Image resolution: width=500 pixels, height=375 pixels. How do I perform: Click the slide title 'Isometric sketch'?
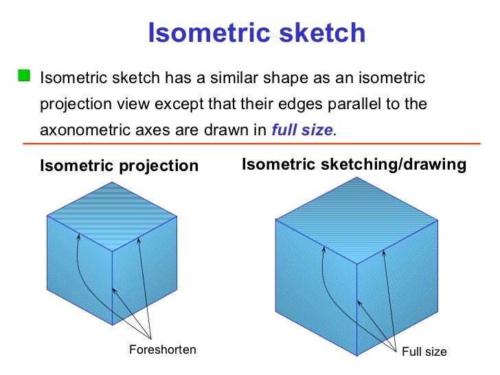tap(257, 32)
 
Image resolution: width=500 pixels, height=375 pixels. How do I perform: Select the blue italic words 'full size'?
tap(302, 128)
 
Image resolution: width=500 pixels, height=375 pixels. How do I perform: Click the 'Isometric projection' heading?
tap(120, 166)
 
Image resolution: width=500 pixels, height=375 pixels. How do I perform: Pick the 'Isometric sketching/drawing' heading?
tap(354, 165)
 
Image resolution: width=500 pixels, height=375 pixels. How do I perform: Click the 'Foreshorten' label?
tap(163, 350)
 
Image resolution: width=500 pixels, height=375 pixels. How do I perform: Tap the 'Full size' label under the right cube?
tap(424, 352)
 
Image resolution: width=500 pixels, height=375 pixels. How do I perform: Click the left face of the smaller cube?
tap(79, 275)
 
